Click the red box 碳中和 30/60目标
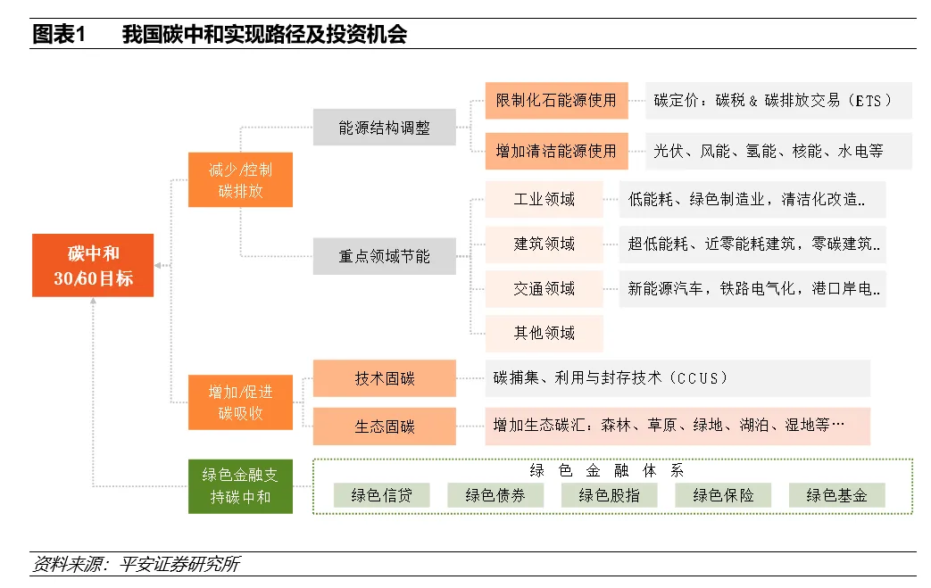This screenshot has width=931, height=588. click(x=93, y=265)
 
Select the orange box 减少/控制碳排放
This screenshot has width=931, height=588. click(x=240, y=179)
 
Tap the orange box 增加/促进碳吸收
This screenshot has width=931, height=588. click(x=240, y=402)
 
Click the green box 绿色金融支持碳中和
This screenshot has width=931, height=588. click(x=240, y=486)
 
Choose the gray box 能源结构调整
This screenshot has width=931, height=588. click(x=384, y=128)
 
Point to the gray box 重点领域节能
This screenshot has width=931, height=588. click(x=384, y=256)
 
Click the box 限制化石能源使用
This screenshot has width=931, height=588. click(x=556, y=100)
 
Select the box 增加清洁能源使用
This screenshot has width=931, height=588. click(x=556, y=151)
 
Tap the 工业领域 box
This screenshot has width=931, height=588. click(x=544, y=199)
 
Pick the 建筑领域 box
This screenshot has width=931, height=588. click(x=544, y=244)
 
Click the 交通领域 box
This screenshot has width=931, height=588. click(x=544, y=288)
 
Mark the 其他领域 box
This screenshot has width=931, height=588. click(x=544, y=333)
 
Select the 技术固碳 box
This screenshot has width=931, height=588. click(x=385, y=378)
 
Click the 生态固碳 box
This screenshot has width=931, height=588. click(x=385, y=427)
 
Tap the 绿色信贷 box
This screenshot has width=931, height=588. click(x=381, y=495)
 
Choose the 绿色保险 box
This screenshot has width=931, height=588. click(x=723, y=495)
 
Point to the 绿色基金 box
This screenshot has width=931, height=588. click(x=836, y=495)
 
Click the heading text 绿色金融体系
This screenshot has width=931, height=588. click(x=606, y=470)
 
